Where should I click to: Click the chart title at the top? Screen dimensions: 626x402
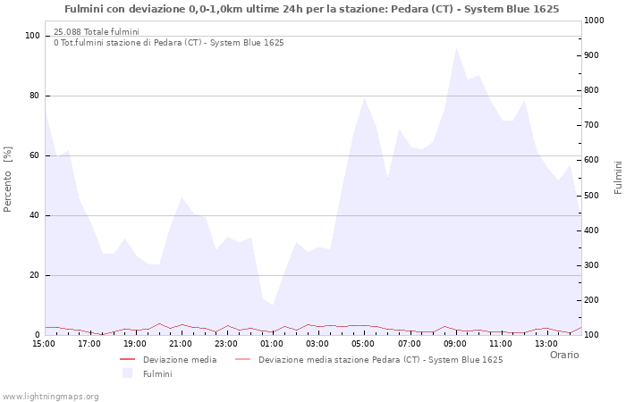[x=312, y=9]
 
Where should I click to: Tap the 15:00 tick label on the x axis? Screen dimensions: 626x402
[x=44, y=344]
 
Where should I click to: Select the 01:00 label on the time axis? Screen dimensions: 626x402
[x=272, y=344]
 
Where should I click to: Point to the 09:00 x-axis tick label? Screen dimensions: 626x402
[x=455, y=344]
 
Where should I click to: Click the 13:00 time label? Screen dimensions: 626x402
[x=546, y=344]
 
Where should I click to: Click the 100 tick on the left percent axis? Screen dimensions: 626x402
[x=32, y=36]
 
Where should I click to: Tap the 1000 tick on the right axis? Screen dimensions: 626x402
[x=594, y=21]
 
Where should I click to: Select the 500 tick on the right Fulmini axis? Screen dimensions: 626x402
[x=592, y=196]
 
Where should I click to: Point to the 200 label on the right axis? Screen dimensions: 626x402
[x=592, y=300]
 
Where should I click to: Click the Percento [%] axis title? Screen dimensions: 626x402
[x=7, y=180]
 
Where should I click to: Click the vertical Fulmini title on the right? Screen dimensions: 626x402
[x=618, y=178]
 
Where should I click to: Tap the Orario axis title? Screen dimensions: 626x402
[x=564, y=355]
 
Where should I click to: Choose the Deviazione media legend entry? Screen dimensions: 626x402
[x=168, y=360]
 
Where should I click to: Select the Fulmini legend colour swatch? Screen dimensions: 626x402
[x=127, y=373]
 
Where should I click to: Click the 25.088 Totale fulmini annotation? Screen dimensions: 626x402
[x=97, y=32]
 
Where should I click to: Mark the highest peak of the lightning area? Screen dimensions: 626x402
[x=456, y=48]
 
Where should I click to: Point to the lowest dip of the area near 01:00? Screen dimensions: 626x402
[x=273, y=306]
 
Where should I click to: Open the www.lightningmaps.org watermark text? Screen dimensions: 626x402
[x=50, y=397]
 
